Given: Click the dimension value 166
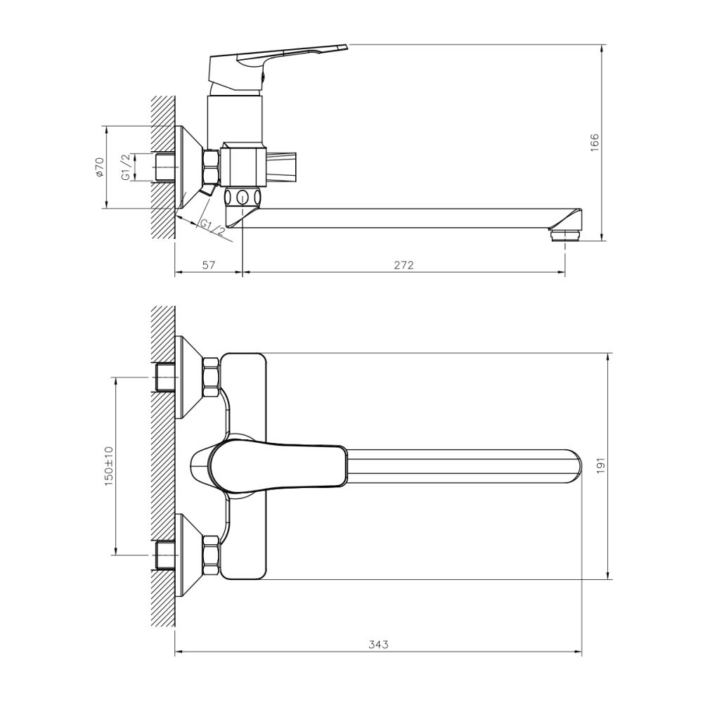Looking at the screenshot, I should click(593, 143).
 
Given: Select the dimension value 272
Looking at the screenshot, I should click(404, 265).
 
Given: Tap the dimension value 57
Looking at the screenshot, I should click(208, 265).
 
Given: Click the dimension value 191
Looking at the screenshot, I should click(600, 465).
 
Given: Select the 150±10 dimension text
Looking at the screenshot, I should click(108, 465).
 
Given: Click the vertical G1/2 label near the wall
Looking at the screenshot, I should click(125, 167).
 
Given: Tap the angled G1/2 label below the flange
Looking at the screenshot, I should click(212, 226).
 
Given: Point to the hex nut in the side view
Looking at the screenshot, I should click(211, 167).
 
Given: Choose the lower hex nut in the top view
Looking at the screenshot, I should click(211, 552).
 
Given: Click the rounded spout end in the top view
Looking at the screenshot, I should click(573, 465).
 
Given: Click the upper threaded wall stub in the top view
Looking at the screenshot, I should click(166, 378).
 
